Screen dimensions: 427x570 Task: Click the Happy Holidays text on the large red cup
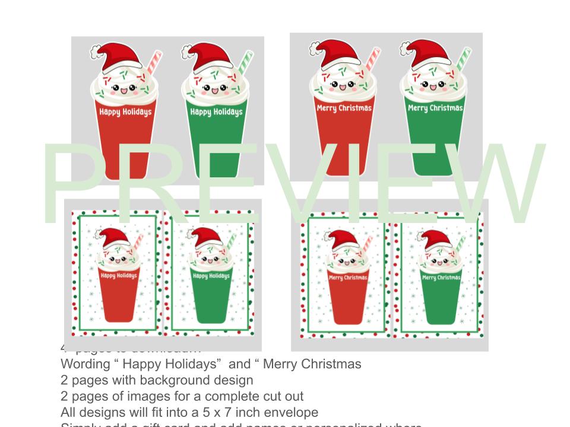point(125,111)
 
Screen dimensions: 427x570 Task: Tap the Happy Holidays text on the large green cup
point(216,111)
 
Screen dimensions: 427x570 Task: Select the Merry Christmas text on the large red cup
point(344,108)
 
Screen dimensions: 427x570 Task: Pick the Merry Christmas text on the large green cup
point(435,108)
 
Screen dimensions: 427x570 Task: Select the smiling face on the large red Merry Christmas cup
point(341,85)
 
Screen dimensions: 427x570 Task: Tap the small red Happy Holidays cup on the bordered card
point(119,291)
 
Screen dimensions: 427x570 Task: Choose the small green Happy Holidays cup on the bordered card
point(211,291)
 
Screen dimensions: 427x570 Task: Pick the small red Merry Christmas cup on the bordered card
point(347,294)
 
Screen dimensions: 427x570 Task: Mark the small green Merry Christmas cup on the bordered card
point(441,294)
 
